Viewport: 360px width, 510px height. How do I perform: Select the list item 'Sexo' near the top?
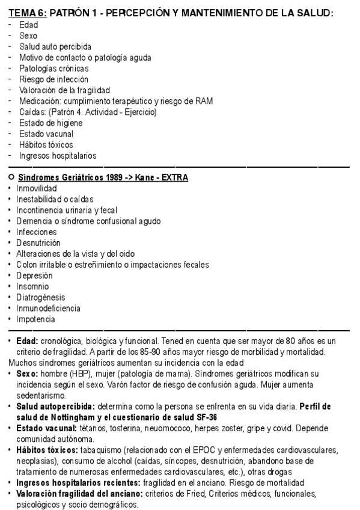coord(28,35)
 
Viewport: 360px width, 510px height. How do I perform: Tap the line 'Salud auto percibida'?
coord(55,46)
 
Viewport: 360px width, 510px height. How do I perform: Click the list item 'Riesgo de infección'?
coord(53,79)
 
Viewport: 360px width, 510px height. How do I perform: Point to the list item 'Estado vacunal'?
coord(46,134)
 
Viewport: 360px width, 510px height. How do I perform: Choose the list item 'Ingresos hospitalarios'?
coord(58,156)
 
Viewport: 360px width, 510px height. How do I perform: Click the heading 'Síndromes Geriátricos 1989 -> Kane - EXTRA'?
coord(103,177)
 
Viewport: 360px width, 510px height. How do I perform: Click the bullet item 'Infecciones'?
coord(36,232)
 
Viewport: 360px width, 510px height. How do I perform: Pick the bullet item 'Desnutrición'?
coord(38,242)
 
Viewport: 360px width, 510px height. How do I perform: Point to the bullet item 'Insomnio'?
coord(32,286)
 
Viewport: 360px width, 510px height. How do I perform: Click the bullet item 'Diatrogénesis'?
coord(41,297)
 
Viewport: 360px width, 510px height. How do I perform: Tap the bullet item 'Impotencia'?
coord(35,319)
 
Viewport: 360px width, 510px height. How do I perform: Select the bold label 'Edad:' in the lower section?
coord(28,341)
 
